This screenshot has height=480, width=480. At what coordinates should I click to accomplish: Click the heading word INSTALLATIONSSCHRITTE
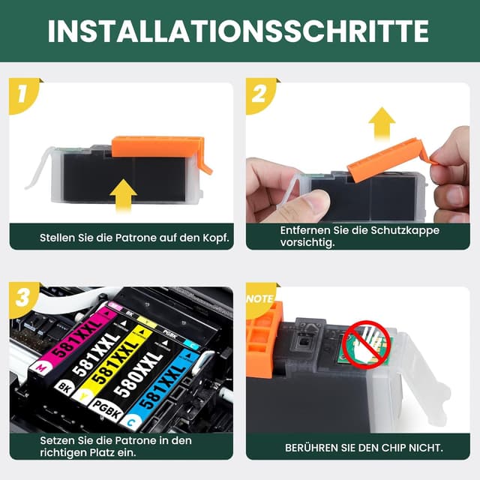pos(238,31)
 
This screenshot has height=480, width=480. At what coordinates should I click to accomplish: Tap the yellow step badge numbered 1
pos(23,95)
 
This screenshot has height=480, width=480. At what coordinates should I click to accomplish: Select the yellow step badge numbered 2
pos(260,95)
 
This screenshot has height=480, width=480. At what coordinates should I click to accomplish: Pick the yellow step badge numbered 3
pos(23,299)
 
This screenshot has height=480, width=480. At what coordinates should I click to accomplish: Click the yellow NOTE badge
pos(260,299)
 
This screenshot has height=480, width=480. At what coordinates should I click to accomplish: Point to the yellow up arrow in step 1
pos(123,196)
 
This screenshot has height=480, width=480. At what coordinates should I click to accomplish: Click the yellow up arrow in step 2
pos(382,123)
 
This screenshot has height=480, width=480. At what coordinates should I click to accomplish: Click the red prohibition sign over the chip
pos(366,344)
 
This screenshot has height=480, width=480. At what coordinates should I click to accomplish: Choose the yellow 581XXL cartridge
pos(113,361)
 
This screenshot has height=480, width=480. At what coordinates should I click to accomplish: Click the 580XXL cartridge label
pos(138,374)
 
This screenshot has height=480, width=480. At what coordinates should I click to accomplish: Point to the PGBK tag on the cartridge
pos(106,409)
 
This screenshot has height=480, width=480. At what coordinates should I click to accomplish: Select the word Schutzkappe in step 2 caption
pos(405,230)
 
